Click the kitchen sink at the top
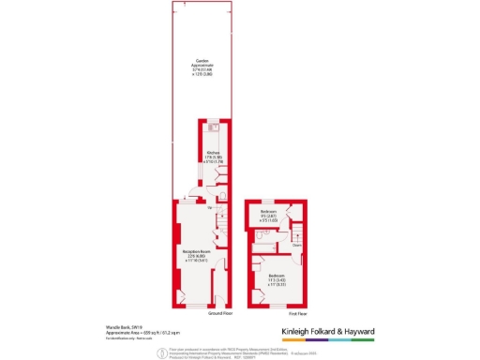click(214, 126)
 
